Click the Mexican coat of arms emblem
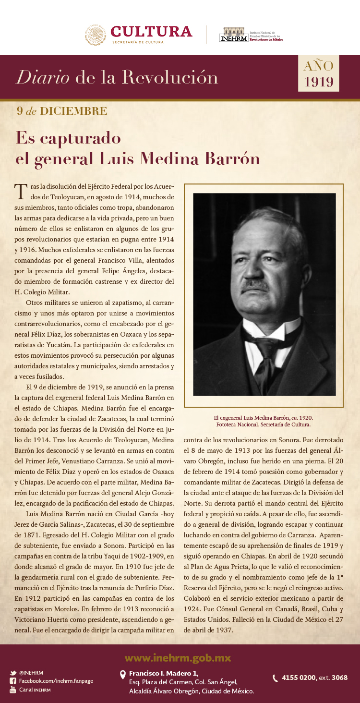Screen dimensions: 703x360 [96, 35]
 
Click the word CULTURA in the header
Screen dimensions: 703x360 [151, 32]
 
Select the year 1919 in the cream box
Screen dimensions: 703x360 [319, 82]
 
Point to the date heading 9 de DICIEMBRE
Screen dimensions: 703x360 [62, 111]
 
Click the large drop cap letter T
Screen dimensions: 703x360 [20, 191]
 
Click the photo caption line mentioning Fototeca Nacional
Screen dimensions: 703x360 [263, 424]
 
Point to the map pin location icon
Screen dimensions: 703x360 [122, 675]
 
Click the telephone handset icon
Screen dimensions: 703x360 [275, 678]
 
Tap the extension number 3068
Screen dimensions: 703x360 [339, 678]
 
